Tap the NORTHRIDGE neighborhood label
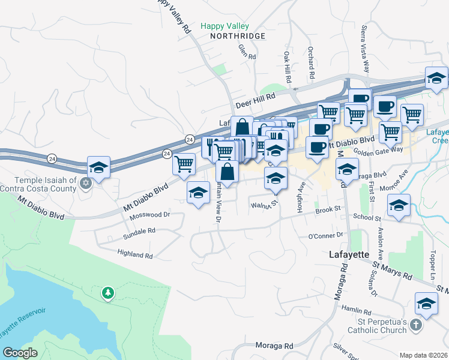tap(237, 37)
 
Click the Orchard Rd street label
tap(311, 64)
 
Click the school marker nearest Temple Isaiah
tap(99, 167)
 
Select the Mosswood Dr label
tap(150, 214)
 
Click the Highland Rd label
tap(135, 255)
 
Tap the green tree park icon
tap(108, 293)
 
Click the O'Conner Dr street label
tap(325, 235)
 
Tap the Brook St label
tap(329, 209)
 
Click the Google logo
tap(20, 353)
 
